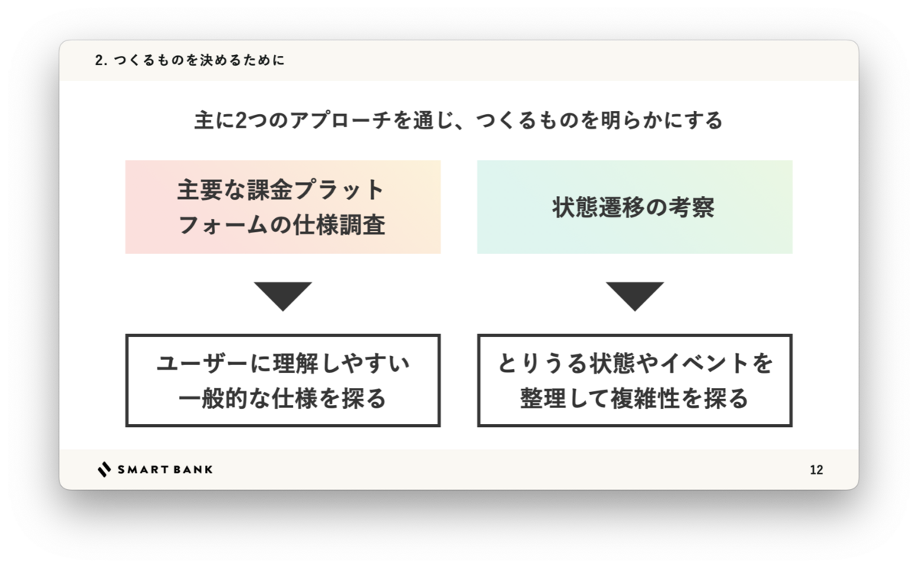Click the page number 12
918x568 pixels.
[x=816, y=470]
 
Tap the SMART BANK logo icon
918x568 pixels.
[x=104, y=469]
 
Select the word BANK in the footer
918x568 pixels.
[x=194, y=469]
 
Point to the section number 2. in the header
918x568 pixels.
[x=100, y=60]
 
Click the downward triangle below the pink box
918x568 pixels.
[x=283, y=295]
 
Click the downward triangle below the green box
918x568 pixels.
[x=635, y=295]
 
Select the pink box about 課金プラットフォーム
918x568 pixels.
[x=283, y=207]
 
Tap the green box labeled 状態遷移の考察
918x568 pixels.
[x=635, y=207]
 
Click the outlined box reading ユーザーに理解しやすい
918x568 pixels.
[x=283, y=380]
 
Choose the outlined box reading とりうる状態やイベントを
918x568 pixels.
[x=635, y=380]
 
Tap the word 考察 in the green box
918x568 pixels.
[x=688, y=207]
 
